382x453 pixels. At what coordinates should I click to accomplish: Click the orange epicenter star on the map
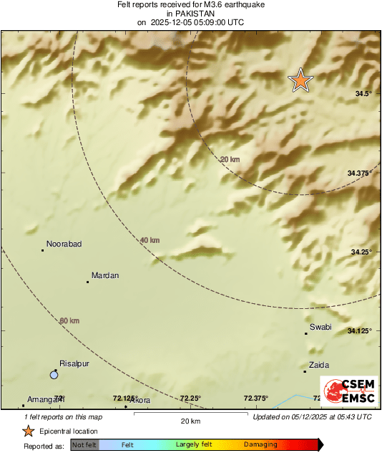(300, 81)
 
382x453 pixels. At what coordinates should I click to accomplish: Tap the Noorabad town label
(64, 244)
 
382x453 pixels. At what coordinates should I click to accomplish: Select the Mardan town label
(105, 276)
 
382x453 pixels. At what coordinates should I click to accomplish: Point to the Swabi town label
(320, 327)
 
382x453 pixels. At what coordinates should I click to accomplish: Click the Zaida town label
(318, 365)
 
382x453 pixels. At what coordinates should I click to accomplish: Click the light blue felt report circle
(54, 375)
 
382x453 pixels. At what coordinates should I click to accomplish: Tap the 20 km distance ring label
(229, 160)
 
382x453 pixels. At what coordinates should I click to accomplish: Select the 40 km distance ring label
(150, 240)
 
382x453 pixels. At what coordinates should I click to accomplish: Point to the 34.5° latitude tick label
(364, 94)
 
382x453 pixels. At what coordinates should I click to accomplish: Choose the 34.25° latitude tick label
(363, 252)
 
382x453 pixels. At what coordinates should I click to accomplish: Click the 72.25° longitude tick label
(190, 399)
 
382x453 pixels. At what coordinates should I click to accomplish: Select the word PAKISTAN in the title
(190, 13)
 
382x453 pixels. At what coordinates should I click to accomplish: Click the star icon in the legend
(28, 431)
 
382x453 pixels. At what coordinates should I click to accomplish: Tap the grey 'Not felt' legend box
(84, 445)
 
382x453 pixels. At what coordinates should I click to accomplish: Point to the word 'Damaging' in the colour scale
(260, 445)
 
